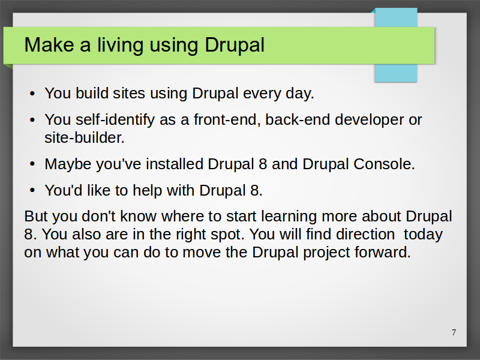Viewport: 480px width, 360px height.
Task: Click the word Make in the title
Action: pos(49,45)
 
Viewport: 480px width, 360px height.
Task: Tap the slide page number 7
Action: pos(454,332)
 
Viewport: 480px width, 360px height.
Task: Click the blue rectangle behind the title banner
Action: pos(396,73)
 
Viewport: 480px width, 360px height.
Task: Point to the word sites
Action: pos(129,93)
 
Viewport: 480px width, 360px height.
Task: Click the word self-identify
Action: pos(115,120)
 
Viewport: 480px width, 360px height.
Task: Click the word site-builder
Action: pos(85,138)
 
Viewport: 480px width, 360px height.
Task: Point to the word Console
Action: pos(384,164)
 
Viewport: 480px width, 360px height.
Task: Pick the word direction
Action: pos(365,235)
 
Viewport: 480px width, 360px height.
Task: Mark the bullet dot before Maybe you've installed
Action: pos(33,164)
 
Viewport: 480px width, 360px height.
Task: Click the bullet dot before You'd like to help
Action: pos(33,190)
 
